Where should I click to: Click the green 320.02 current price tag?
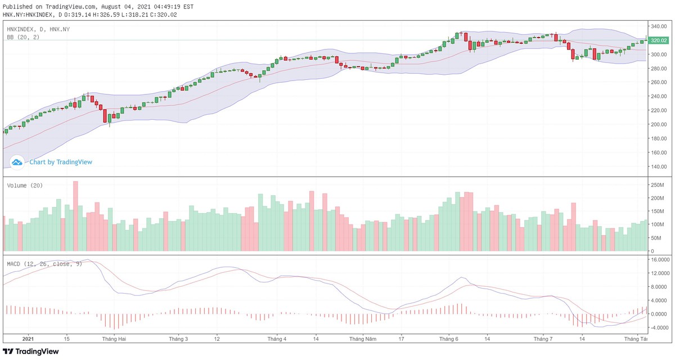pyautogui.click(x=658, y=40)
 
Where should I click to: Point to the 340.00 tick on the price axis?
pyautogui.click(x=658, y=26)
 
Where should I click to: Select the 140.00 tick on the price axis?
pyautogui.click(x=658, y=166)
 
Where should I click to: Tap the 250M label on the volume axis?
pyautogui.click(x=656, y=185)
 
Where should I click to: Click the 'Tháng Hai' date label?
pyautogui.click(x=114, y=340)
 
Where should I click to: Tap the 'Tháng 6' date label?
pyautogui.click(x=449, y=340)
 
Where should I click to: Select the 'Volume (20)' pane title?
pyautogui.click(x=25, y=186)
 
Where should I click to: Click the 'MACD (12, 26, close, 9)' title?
pyautogui.click(x=44, y=264)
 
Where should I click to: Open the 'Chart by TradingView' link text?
pyautogui.click(x=61, y=162)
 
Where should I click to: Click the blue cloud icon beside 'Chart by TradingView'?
pyautogui.click(x=17, y=162)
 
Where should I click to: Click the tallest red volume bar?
pyautogui.click(x=75, y=216)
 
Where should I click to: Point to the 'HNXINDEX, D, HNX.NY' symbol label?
pyautogui.click(x=38, y=29)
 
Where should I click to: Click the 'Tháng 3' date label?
pyautogui.click(x=178, y=340)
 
